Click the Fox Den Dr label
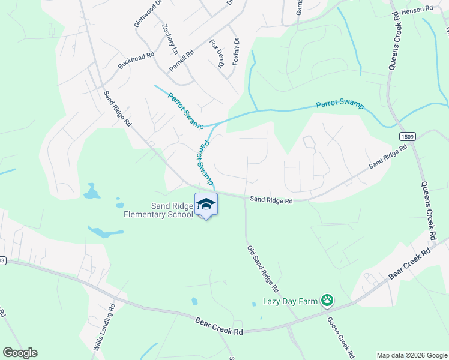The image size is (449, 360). tap(217, 52)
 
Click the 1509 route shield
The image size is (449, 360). tap(406, 137)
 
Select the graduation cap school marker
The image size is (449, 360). tap(206, 204)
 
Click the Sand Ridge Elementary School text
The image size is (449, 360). tap(159, 210)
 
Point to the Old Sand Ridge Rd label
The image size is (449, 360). tap(262, 264)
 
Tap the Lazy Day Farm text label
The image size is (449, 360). tap(290, 301)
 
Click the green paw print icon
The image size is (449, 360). tap(327, 300)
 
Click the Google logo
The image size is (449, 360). tap(20, 353)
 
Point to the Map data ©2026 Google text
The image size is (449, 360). tap(412, 355)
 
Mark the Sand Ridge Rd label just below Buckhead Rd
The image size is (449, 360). tap(118, 108)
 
